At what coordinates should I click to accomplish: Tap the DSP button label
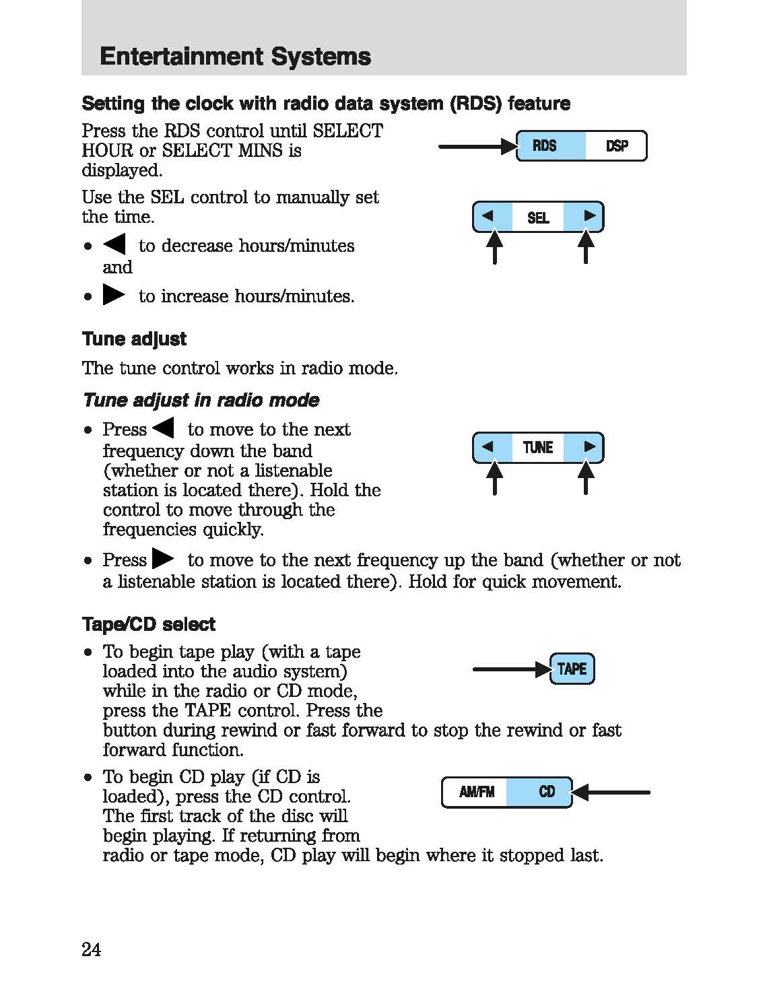pyautogui.click(x=616, y=145)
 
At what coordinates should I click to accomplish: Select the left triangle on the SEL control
pyautogui.click(x=488, y=216)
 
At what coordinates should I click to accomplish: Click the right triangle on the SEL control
pyautogui.click(x=589, y=216)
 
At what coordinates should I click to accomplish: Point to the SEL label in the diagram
pyautogui.click(x=538, y=217)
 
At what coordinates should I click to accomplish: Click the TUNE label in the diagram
pyautogui.click(x=538, y=448)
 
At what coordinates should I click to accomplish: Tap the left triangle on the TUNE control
pyautogui.click(x=488, y=446)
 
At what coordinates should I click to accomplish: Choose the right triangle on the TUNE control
pyautogui.click(x=589, y=446)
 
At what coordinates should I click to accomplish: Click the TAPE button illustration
pyautogui.click(x=572, y=669)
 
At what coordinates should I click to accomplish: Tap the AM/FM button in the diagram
pyautogui.click(x=476, y=792)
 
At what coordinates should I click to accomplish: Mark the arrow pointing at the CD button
pyautogui.click(x=613, y=793)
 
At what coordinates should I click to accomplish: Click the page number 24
pyautogui.click(x=92, y=949)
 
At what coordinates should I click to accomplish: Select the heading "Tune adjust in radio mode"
pyautogui.click(x=201, y=401)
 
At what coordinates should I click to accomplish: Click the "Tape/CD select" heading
pyautogui.click(x=148, y=625)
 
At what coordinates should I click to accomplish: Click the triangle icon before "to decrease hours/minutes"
pyautogui.click(x=114, y=244)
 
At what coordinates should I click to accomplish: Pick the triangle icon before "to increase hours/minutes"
pyautogui.click(x=114, y=295)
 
